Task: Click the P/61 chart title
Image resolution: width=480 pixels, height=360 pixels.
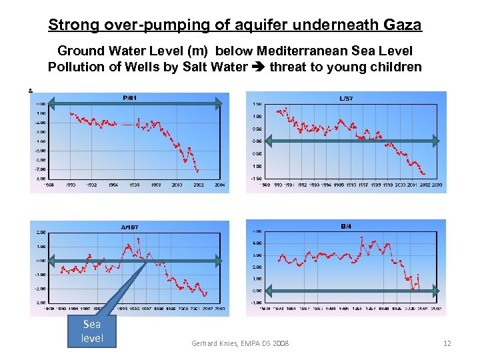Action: point(130,98)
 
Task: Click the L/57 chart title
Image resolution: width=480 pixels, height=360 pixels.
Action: point(346,99)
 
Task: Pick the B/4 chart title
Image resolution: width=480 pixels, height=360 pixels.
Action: point(346,227)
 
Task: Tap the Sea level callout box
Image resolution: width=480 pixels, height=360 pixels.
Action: point(92,331)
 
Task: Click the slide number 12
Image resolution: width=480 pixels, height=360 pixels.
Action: point(447,343)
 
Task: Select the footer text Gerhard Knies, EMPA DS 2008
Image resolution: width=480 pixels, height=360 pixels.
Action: point(241,343)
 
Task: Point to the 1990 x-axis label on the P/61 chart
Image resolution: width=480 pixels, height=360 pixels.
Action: point(71,185)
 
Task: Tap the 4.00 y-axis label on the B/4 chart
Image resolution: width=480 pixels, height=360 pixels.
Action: point(257,243)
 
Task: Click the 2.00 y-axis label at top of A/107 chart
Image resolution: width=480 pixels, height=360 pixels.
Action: point(41,233)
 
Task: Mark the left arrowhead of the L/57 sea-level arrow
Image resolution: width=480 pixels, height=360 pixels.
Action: point(269,141)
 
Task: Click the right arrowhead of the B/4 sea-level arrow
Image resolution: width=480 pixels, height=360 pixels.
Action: point(435,291)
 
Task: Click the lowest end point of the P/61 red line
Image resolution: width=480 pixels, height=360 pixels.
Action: point(197,171)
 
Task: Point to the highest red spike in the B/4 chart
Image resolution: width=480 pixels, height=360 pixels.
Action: point(361,237)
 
